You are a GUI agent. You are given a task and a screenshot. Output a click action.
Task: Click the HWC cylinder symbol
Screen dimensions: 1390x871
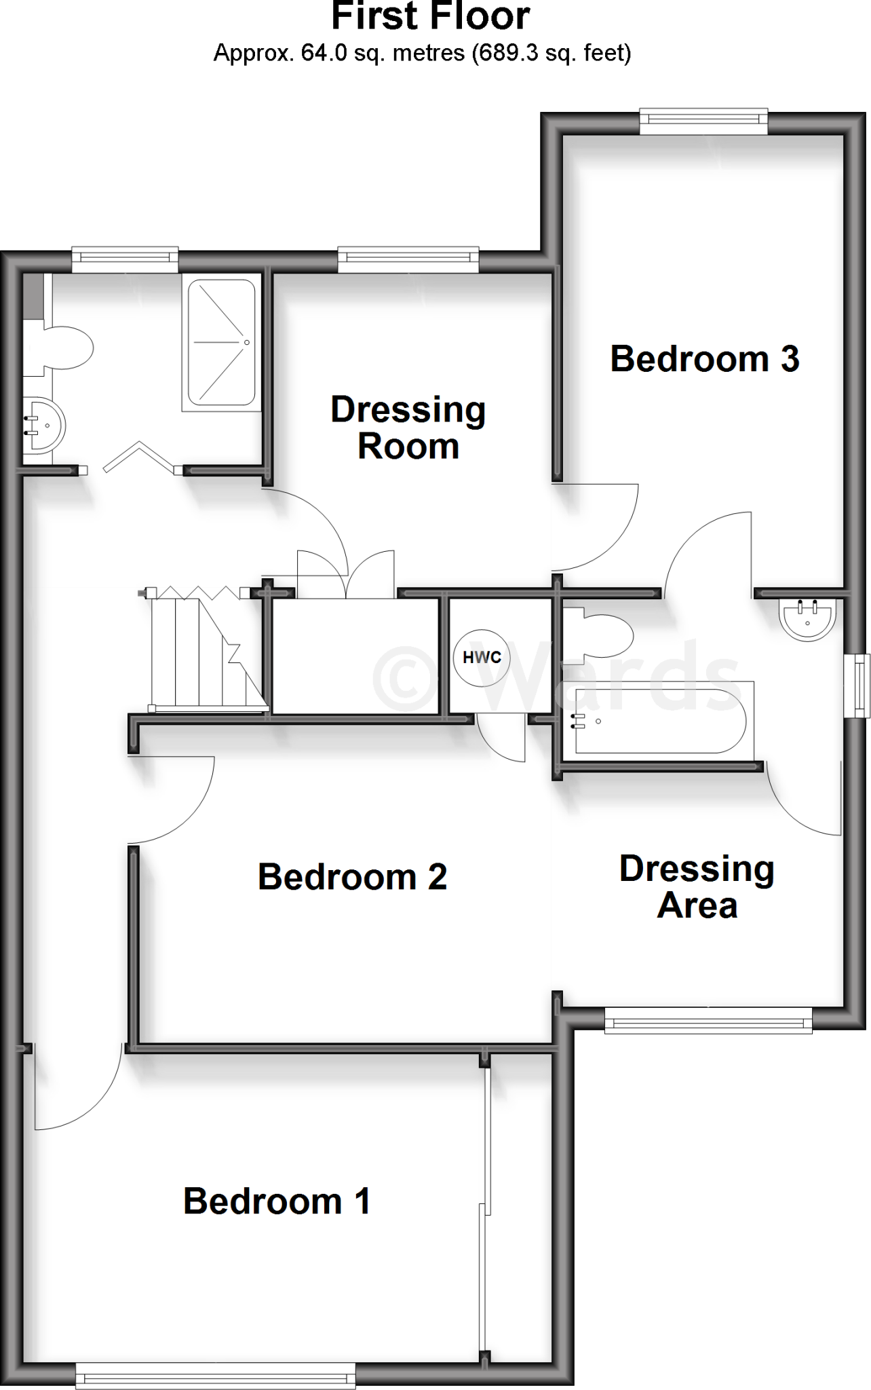pos(482,657)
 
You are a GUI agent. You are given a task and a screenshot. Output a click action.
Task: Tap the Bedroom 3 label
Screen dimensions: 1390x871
pos(705,359)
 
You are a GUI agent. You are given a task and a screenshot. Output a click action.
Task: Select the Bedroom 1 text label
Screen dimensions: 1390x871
pos(277,1201)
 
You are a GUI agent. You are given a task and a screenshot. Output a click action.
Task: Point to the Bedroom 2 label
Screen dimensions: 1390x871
pos(352,876)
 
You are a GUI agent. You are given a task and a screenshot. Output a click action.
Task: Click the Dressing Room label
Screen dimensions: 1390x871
pos(408,428)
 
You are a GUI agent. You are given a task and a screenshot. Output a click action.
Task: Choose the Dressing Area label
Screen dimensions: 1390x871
pos(697,886)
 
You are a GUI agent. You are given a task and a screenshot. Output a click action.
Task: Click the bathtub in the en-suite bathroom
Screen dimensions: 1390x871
pos(658,721)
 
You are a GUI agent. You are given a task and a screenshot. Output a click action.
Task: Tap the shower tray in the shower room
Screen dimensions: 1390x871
pos(221,343)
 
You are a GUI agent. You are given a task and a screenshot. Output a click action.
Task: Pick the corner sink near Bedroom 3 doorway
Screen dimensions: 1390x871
pos(807,618)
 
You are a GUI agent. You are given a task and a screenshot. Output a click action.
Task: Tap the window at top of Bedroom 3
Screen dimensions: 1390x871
pos(703,121)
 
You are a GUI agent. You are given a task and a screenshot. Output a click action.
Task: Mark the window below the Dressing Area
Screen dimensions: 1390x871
pos(708,1019)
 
